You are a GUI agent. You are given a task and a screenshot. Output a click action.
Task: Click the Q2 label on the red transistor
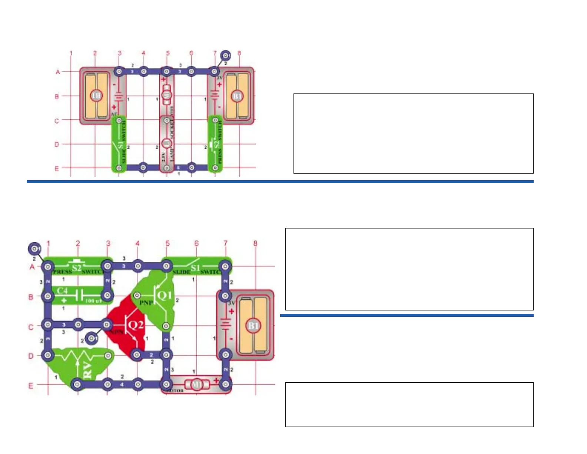pos(135,325)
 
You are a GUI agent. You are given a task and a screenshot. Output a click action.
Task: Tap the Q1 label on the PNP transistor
pos(165,295)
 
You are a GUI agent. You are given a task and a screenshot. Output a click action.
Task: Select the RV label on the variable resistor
pos(87,371)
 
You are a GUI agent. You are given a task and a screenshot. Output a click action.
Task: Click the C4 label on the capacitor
pos(62,291)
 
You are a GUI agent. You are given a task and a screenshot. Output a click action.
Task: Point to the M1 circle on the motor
pos(196,385)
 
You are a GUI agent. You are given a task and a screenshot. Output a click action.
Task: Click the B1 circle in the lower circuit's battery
pos(253,326)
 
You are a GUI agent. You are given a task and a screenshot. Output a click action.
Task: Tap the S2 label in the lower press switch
pos(77,267)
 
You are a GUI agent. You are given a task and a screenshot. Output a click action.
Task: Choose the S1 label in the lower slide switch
pos(195,267)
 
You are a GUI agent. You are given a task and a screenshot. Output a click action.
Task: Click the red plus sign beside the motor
pos(216,380)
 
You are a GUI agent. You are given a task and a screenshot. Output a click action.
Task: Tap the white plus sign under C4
pos(64,300)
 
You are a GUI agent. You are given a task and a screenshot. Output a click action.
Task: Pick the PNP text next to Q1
pos(146,303)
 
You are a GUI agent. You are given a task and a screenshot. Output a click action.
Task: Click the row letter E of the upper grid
pos(57,168)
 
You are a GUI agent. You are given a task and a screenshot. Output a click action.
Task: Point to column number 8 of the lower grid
pos(255,243)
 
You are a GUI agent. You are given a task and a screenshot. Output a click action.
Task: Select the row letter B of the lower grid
pos(31,297)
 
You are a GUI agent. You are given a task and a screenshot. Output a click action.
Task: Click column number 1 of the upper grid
pos(71,53)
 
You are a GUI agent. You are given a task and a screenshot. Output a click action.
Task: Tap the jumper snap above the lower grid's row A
pos(34,248)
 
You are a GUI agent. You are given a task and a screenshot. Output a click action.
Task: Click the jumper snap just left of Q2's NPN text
pos(91,338)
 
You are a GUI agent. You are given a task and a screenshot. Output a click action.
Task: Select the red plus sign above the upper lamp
pos(163,79)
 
